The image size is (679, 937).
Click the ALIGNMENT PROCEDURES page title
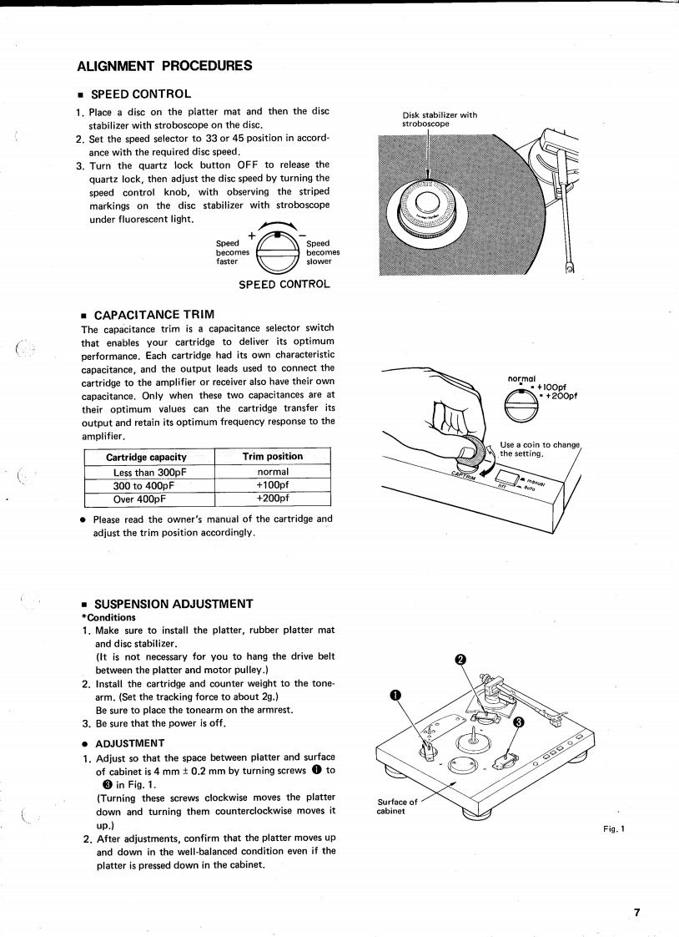[164, 65]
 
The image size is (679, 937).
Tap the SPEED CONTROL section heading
[143, 94]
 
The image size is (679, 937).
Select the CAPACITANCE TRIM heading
[154, 314]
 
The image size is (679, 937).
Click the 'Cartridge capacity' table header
[146, 457]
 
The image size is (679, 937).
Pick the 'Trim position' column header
[273, 457]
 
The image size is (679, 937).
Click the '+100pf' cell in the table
[273, 485]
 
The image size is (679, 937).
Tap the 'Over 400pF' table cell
[140, 499]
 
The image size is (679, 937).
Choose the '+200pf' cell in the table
[273, 499]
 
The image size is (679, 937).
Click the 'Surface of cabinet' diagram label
[396, 807]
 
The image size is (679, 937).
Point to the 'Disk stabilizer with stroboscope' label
[440, 119]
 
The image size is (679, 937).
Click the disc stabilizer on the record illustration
[428, 205]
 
